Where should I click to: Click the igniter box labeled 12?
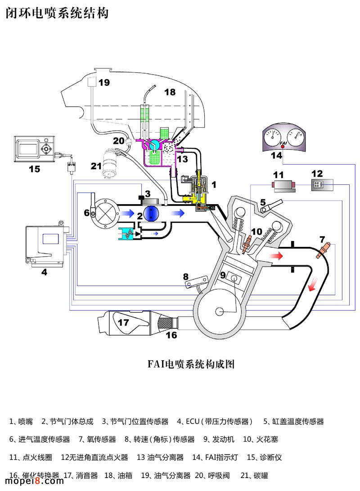(x=322, y=184)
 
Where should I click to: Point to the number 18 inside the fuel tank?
(x=170, y=92)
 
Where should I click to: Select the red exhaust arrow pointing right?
(x=275, y=256)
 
